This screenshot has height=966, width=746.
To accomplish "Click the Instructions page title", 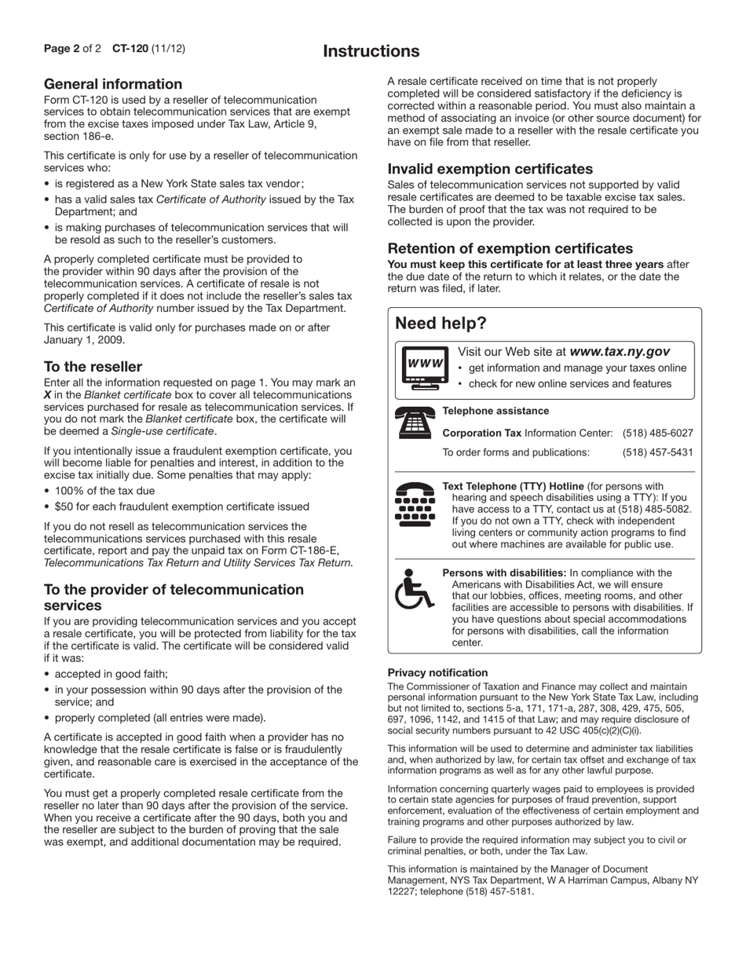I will [371, 52].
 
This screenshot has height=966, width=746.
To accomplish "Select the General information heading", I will [113, 84].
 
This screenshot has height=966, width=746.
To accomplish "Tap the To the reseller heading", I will [93, 367].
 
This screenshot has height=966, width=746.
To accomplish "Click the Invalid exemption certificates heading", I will [490, 169].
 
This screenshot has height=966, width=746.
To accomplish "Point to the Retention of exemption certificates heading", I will [510, 248].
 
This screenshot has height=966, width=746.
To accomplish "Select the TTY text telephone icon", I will [414, 504].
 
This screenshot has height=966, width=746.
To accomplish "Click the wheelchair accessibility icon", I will [414, 589].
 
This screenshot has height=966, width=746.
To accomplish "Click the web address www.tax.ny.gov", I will [619, 352].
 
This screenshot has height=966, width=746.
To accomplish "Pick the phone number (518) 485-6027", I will [657, 434].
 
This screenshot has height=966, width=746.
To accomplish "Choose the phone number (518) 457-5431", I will [657, 452].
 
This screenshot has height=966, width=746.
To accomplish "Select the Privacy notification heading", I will [437, 673].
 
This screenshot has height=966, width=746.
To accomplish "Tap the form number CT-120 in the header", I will [130, 49].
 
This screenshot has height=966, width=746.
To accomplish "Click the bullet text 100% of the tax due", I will [104, 491].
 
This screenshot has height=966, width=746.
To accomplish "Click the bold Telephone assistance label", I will [496, 411].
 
